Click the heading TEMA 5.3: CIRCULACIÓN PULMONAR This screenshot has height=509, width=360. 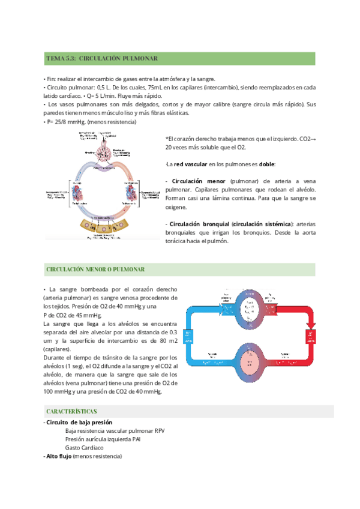pos(101,59)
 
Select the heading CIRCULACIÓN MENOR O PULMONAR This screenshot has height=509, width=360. pos(101,270)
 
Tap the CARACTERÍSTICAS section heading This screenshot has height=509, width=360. pos(71,412)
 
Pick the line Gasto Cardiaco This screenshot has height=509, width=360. pos(84,448)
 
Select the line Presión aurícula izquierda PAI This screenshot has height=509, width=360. pos(103,439)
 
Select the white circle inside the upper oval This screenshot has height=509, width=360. pos(254,306)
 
